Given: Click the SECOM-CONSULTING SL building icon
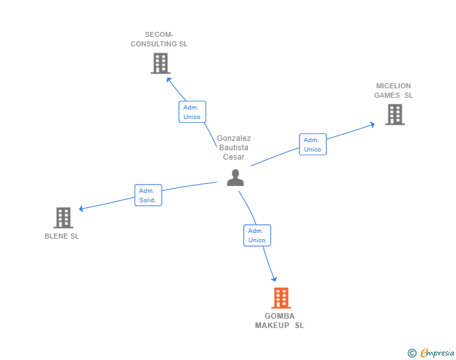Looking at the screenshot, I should point(160,63).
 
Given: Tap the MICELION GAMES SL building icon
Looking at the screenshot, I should point(395,115).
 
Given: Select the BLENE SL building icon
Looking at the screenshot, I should point(63,218).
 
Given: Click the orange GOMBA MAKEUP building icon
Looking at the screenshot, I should point(281,298).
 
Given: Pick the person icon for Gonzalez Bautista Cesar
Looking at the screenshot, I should point(235,178).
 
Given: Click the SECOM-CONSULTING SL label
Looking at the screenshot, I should point(159,39).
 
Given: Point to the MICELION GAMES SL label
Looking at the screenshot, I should point(393,91).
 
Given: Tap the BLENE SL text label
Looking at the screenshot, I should point(62,236).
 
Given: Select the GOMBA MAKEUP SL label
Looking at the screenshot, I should point(279,321).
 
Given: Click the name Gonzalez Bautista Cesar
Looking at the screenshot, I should point(234,148).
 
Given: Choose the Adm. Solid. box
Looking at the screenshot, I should point(148,195).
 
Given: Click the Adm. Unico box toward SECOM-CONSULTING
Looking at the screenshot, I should point(192,112).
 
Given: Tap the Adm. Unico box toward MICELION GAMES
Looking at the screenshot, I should point(313,145).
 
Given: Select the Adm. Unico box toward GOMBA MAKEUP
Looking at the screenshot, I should point(257,235).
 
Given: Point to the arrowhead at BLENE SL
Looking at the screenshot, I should point(81,208).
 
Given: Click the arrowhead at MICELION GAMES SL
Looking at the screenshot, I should point(372,124).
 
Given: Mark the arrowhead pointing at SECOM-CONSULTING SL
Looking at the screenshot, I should point(168,80).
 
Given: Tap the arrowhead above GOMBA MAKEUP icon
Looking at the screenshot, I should point(274,278).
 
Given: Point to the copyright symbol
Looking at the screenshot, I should point(412,353).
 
